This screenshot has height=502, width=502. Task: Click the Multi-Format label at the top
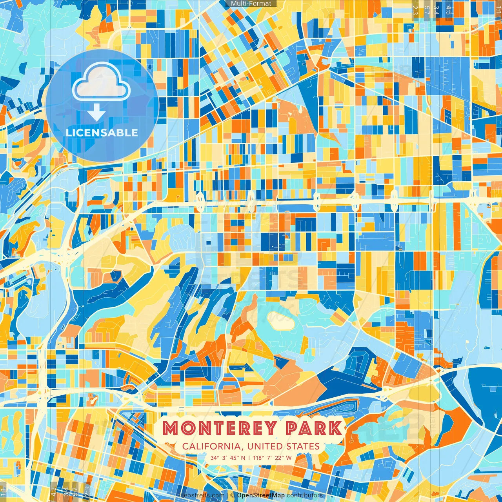[251, 4]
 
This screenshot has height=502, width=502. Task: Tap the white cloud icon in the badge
[101, 82]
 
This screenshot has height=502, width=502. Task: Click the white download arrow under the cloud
[96, 114]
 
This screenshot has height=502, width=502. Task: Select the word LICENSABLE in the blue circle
[102, 133]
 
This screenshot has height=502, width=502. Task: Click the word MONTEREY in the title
[219, 428]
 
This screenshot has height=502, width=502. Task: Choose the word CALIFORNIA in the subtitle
[211, 446]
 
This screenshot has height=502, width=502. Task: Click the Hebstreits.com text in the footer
[202, 495]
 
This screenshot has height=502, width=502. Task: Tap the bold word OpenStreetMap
[261, 495]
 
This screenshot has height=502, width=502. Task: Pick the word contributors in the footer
[305, 495]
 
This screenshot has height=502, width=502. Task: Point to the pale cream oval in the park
[281, 321]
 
